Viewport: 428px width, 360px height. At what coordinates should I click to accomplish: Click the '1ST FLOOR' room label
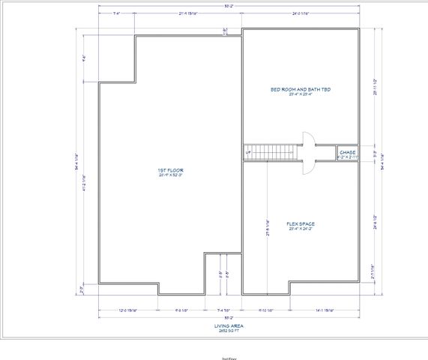[x=171, y=170]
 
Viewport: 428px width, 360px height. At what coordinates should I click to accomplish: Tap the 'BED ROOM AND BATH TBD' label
[x=301, y=88]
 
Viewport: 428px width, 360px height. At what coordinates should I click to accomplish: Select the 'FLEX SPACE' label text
[x=300, y=223]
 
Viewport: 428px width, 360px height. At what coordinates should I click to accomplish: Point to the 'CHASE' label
[x=347, y=152]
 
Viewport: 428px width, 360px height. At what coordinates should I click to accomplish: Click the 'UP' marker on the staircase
[x=247, y=152]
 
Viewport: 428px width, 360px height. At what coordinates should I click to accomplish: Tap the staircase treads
[x=272, y=152]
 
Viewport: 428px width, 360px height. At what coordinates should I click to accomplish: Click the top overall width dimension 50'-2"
[x=229, y=6]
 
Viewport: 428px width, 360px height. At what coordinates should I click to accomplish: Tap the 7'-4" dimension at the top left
[x=117, y=13]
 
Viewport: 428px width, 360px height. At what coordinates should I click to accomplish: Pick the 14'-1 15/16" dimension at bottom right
[x=326, y=309]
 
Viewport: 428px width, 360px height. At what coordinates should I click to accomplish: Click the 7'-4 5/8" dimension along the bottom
[x=223, y=309]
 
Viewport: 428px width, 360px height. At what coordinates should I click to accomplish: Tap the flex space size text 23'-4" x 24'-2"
[x=300, y=229]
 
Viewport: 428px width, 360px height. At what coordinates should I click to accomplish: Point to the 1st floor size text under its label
[x=171, y=175]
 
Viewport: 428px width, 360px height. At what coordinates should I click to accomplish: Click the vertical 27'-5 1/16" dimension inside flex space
[x=268, y=227]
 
